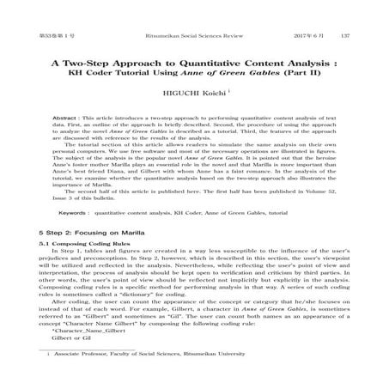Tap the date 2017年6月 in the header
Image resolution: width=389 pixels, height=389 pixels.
(309, 11)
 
